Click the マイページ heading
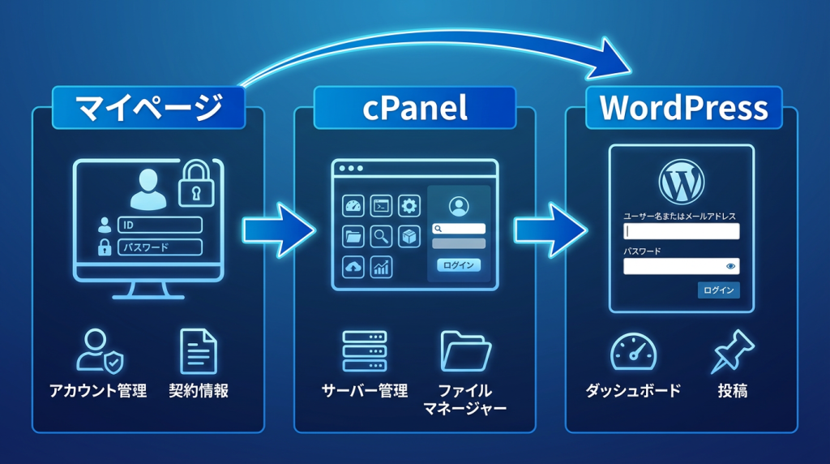148,108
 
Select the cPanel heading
414,108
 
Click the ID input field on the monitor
160,226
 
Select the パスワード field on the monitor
160,247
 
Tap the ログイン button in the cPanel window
459,265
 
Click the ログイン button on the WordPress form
718,290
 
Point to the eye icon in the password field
730,266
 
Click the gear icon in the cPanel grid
409,206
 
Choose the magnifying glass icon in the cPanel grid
381,237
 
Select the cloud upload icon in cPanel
353,267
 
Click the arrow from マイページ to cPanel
280,229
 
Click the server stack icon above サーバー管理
365,351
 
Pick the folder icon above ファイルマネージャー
466,351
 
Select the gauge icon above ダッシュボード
633,351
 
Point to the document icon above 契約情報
199,351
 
